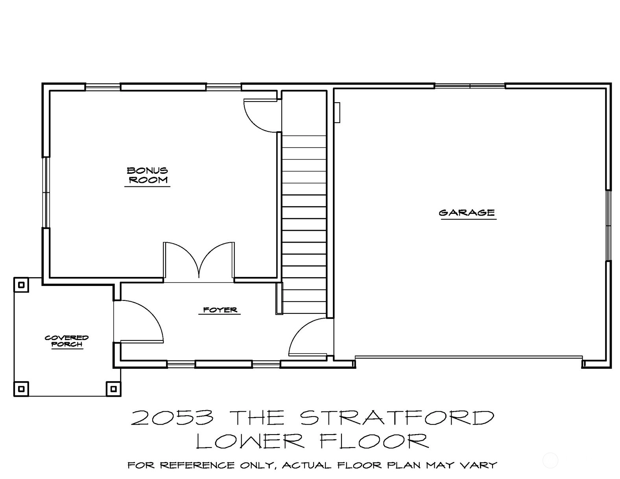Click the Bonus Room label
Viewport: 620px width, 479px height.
[x=147, y=175]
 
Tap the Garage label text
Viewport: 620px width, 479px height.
[x=467, y=213]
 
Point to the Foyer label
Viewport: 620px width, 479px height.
[x=220, y=310]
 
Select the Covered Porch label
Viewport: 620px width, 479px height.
[x=67, y=341]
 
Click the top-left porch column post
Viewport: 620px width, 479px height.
[x=21, y=285]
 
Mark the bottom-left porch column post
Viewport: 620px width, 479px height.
[x=21, y=389]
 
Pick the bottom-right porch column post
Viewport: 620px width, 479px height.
[x=114, y=389]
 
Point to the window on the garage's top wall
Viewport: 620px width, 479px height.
[x=470, y=86]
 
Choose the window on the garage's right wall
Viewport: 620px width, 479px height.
[x=608, y=225]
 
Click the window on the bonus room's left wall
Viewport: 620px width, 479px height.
[x=46, y=193]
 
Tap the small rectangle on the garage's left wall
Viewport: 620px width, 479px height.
[x=337, y=112]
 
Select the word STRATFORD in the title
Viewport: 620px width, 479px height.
[x=397, y=418]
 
